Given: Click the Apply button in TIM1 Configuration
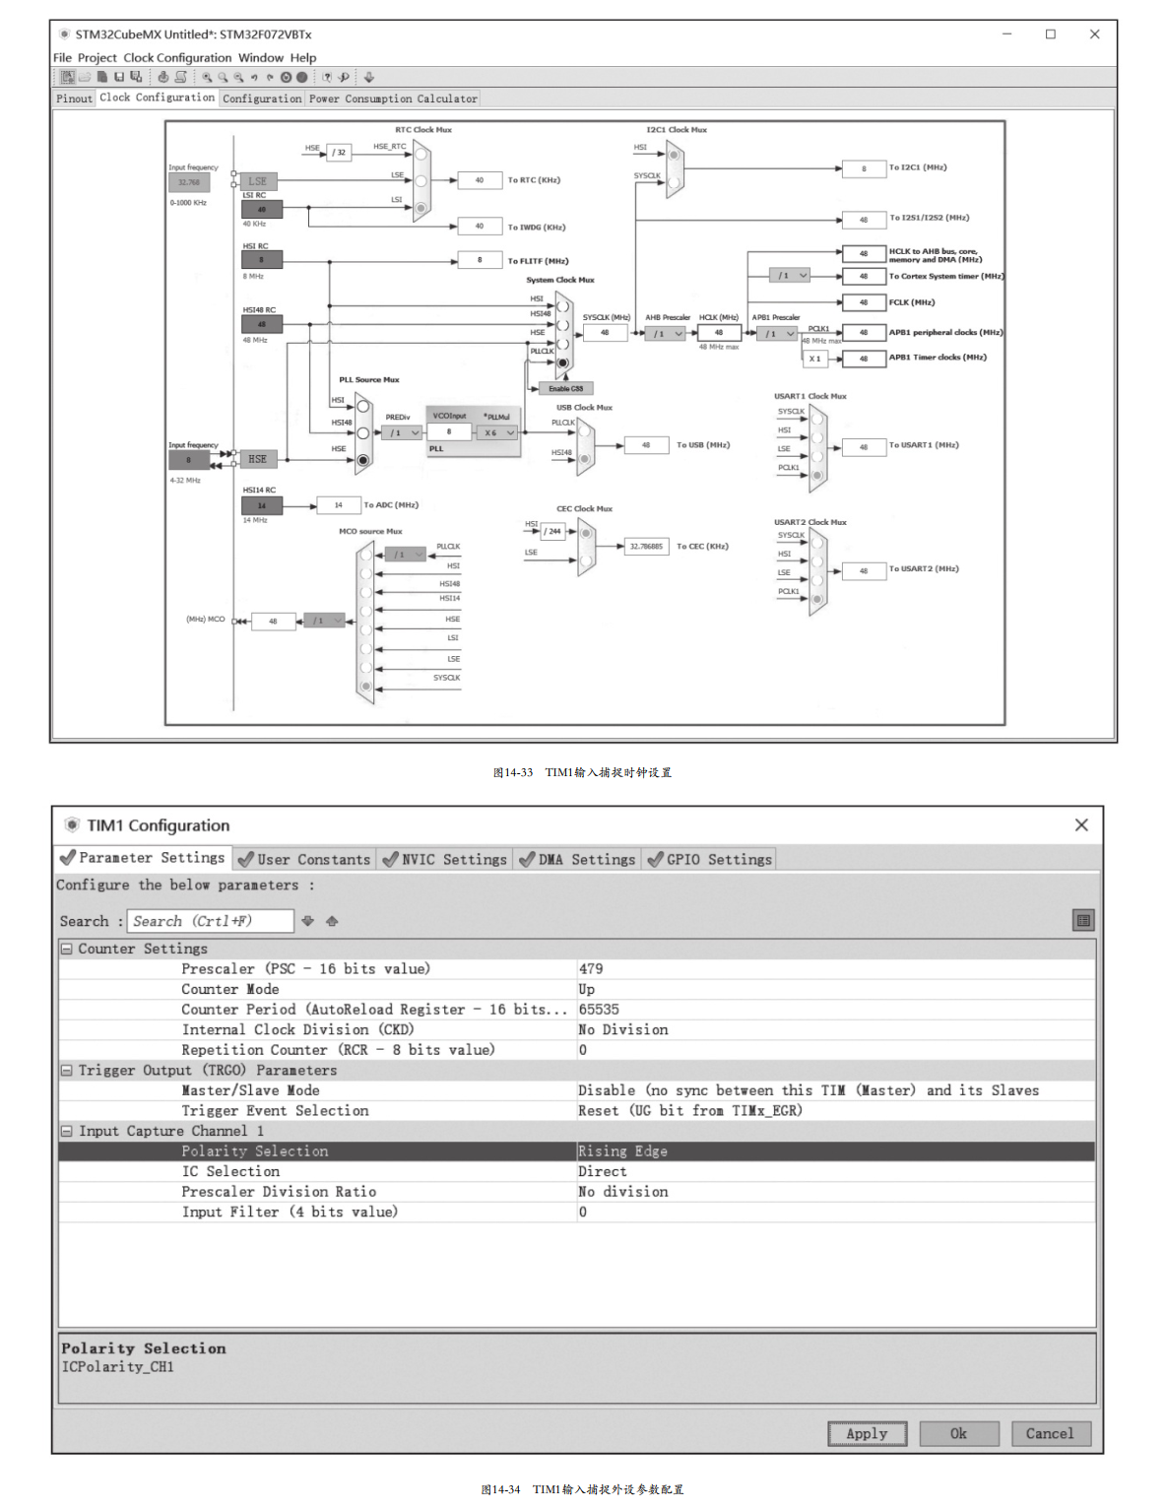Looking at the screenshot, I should click(867, 1434).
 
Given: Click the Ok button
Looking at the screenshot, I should click(958, 1434).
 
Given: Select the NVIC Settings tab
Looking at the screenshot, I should click(444, 859).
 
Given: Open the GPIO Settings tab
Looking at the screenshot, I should click(710, 859).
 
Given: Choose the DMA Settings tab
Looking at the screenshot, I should click(578, 859).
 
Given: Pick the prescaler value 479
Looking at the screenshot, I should click(591, 969).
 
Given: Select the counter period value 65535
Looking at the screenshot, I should click(599, 1010).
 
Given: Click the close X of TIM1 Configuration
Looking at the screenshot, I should click(1081, 825).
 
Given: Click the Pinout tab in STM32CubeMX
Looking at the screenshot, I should click(74, 99).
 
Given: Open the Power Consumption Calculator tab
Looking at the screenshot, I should click(393, 99).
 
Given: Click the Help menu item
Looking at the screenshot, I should click(303, 58).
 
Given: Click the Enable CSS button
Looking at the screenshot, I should click(566, 388).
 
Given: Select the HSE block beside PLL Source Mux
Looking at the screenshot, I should click(257, 459).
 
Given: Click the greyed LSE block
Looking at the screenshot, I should click(258, 181).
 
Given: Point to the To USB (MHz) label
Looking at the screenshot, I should click(703, 445).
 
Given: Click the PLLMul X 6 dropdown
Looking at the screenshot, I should click(499, 432).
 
